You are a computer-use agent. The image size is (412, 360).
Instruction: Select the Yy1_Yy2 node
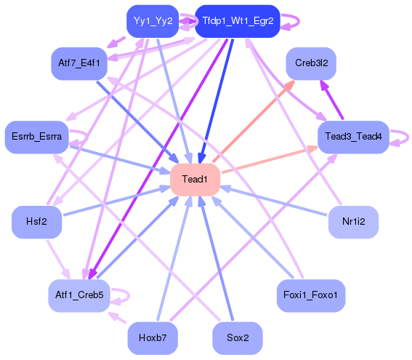[x=153, y=21]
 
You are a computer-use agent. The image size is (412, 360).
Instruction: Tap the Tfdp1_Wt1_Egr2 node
[x=238, y=21]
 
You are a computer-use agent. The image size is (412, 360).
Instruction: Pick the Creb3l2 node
[x=311, y=64]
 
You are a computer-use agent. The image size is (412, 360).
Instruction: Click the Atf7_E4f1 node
[x=79, y=64]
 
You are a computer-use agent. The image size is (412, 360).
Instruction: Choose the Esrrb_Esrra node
[x=36, y=136]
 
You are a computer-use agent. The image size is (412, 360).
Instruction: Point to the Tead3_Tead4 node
[x=353, y=136]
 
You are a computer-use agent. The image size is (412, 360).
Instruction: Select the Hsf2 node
[x=36, y=222]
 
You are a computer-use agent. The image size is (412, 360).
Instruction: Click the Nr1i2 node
[x=353, y=222]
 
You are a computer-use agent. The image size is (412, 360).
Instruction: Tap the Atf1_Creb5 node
[x=79, y=295]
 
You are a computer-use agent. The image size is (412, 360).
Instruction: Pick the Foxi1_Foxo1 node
[x=311, y=295]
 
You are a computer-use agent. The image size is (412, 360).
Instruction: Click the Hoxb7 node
[x=153, y=338]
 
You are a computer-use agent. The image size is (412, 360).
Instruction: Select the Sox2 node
[x=238, y=338]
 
